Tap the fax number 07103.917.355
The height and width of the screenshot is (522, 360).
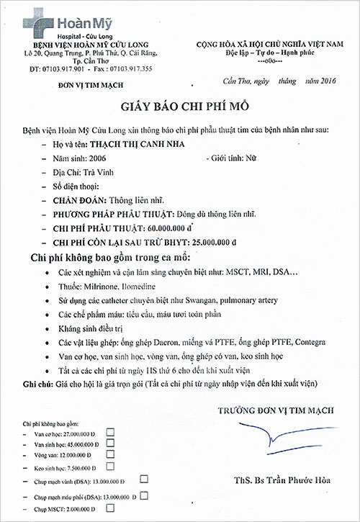tap(132, 68)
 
